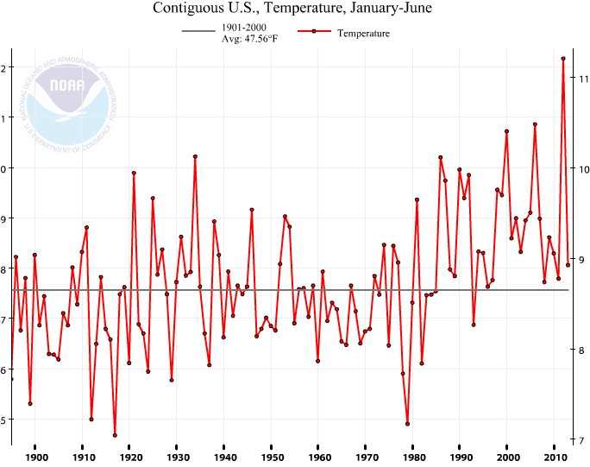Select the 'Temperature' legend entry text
364,34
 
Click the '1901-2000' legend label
244,28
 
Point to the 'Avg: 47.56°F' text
249,40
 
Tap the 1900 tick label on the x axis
36,458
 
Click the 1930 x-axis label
177,458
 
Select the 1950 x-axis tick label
272,458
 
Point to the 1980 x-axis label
413,458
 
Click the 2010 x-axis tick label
555,458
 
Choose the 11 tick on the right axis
583,79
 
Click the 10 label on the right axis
583,169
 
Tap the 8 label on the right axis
583,350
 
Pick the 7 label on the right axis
583,440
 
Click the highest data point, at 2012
563,59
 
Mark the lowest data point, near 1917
115,435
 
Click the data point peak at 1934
195,156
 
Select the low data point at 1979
407,424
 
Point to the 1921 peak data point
134,173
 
